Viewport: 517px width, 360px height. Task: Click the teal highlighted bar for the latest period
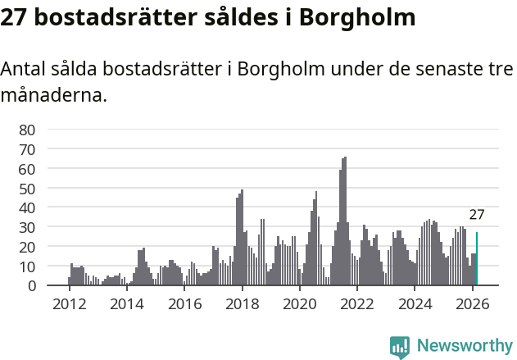coord(477,259)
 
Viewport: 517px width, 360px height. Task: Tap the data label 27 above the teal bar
coord(477,216)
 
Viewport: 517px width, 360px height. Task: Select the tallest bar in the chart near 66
coord(345,221)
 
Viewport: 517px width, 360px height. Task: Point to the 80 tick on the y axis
coord(27,130)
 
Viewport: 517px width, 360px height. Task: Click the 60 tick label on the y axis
coord(27,169)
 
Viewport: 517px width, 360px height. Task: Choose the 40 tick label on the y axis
coord(27,207)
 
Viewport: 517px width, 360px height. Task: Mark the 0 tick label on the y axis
coord(31,286)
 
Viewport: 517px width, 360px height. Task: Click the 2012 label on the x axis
coord(69,304)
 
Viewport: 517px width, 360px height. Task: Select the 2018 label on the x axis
coord(242,304)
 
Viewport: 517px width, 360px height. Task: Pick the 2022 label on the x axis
coord(357,304)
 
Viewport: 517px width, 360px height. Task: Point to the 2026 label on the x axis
coord(473,304)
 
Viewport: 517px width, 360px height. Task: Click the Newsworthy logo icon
coord(400,346)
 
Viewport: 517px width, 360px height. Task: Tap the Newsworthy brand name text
coord(464,346)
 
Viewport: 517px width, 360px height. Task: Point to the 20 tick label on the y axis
coord(27,247)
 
